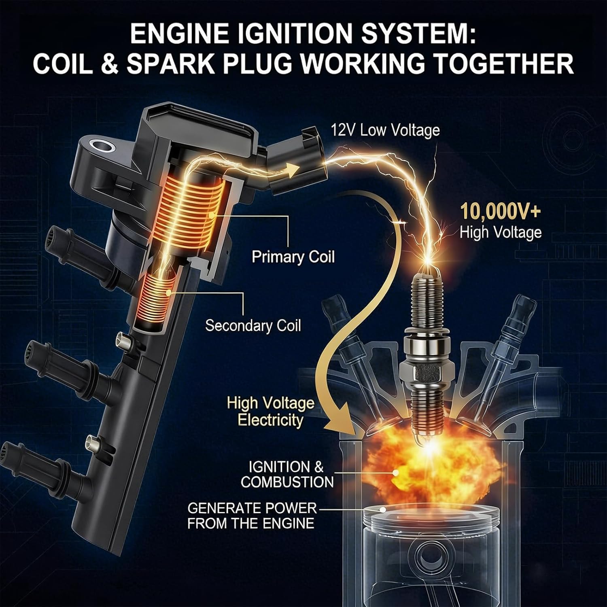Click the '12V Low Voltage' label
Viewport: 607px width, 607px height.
point(385,130)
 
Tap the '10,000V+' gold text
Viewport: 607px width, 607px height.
point(500,212)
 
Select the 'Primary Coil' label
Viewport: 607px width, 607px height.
point(293,257)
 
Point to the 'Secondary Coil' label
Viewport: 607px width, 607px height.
point(253,326)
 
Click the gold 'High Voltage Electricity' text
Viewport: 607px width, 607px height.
point(270,411)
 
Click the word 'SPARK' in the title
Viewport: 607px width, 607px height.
point(170,64)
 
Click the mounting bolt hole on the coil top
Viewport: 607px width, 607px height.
point(99,145)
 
